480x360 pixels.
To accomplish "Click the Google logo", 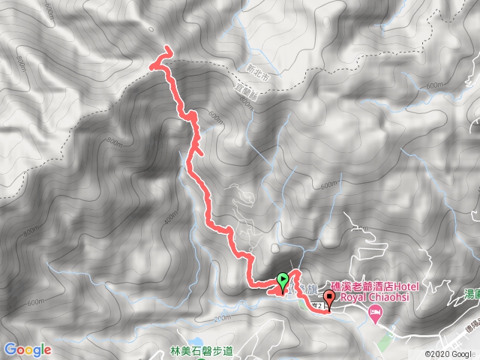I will pyautogui.click(x=27, y=349).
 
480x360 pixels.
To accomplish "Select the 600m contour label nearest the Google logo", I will pyautogui.click(x=34, y=302).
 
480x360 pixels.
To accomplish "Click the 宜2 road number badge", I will pyautogui.click(x=318, y=305).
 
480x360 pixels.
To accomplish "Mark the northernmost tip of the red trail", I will pyautogui.click(x=166, y=49).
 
